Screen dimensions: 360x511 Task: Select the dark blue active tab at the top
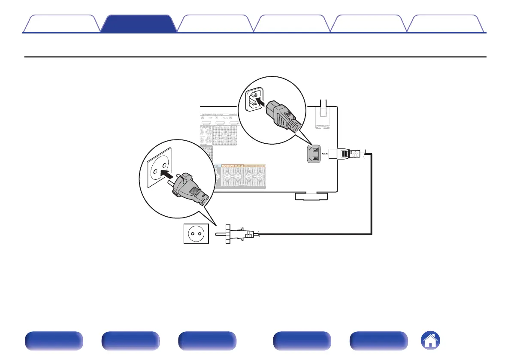(x=139, y=24)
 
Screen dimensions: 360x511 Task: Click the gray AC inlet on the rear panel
(x=314, y=154)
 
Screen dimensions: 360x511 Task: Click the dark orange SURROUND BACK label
(x=233, y=166)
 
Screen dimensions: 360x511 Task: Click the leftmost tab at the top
(x=61, y=24)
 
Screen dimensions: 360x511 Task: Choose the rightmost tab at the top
(x=446, y=24)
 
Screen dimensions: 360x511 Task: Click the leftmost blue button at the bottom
(x=53, y=341)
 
